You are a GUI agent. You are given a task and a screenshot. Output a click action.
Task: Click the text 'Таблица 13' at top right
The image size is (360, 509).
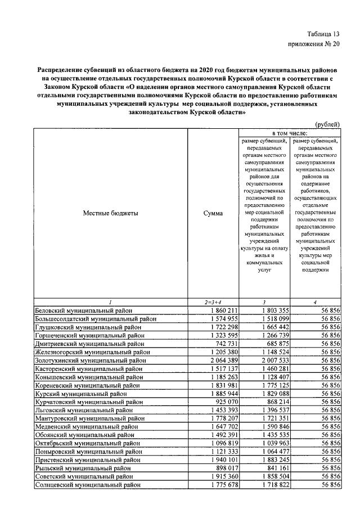[x=323, y=34]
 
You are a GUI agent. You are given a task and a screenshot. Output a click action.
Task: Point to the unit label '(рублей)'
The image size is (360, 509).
[x=327, y=124]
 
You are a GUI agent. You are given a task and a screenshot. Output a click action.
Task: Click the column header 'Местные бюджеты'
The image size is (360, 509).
[x=110, y=213]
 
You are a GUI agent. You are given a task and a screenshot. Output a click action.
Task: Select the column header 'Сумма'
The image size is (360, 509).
[x=213, y=213]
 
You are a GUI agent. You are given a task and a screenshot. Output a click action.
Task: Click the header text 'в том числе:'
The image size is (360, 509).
[x=289, y=132]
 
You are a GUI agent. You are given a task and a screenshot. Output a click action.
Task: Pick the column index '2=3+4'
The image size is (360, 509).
[x=213, y=303]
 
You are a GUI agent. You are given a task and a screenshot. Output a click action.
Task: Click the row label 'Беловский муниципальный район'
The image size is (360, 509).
[x=85, y=310]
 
